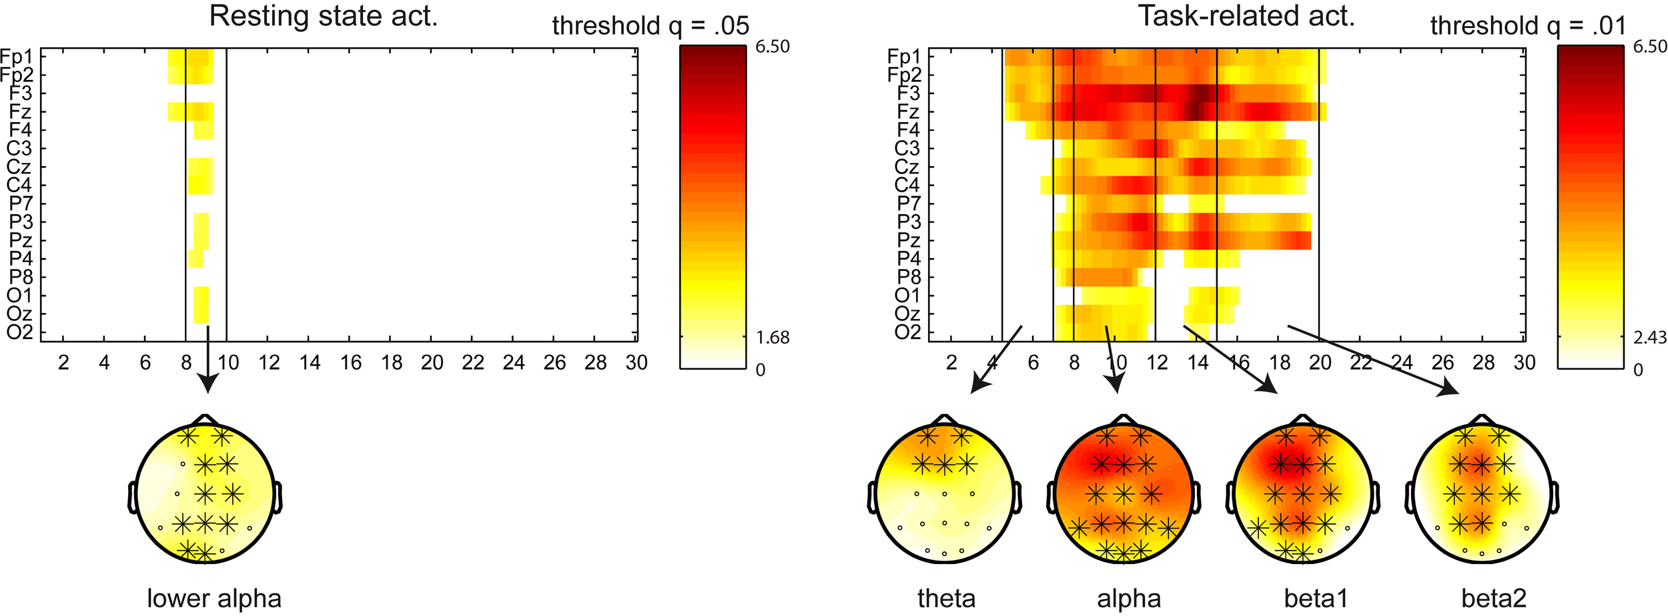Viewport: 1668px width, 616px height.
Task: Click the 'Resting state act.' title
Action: tap(324, 16)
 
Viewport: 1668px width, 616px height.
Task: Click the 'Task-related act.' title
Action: tap(1246, 16)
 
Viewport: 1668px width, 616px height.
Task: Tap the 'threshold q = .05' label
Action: tap(651, 26)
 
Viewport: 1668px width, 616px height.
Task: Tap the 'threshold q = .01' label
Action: tap(1528, 26)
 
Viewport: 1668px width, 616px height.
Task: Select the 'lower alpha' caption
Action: tap(214, 598)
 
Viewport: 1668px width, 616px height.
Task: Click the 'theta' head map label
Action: tap(946, 598)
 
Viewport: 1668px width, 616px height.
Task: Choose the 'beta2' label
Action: tap(1493, 598)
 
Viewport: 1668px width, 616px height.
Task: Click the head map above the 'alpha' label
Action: tap(1124, 494)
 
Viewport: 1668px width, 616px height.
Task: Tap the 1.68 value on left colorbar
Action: tap(773, 338)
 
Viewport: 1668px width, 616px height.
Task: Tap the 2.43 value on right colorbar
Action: tap(1649, 338)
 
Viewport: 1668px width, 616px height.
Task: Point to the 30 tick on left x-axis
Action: tap(636, 362)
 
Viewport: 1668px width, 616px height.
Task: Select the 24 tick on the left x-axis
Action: tap(513, 362)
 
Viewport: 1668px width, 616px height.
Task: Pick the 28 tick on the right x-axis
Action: tap(1483, 362)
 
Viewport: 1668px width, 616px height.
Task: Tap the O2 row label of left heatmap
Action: tap(20, 332)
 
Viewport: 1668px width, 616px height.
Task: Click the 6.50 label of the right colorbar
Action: tap(1649, 47)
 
